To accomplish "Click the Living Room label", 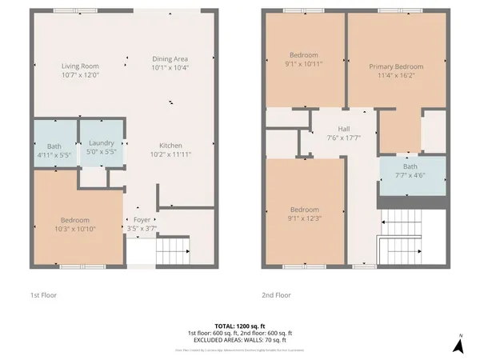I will point(80,66).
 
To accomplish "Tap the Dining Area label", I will point(170,59).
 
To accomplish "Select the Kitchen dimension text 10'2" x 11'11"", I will point(170,154).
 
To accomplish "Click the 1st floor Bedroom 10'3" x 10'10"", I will point(77,225).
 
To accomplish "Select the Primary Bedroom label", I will point(395,66).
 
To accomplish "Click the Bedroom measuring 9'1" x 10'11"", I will point(305,60).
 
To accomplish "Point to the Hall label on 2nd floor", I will point(344,128).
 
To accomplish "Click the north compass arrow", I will point(458,345).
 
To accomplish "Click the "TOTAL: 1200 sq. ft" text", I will point(239,326).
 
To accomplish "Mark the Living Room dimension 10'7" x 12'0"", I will point(80,74).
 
